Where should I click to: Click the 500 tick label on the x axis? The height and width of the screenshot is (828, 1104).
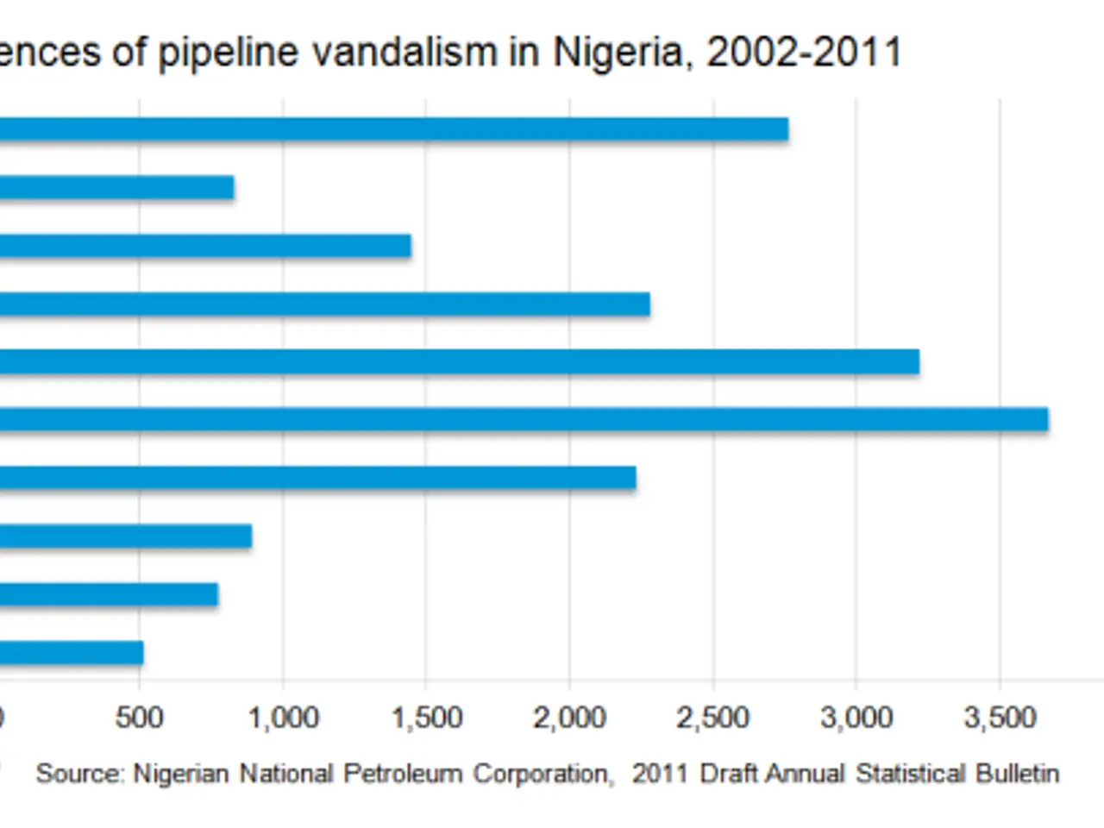click(139, 718)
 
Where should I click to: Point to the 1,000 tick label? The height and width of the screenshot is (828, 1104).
click(283, 718)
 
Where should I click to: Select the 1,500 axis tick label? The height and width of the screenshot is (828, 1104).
click(426, 718)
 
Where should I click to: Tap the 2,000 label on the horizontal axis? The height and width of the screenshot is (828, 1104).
click(569, 718)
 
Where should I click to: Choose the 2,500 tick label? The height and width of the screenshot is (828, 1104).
click(712, 718)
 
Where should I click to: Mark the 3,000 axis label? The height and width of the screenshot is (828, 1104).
click(856, 718)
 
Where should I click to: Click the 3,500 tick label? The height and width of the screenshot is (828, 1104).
click(999, 718)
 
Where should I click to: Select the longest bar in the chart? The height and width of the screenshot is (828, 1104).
click(517, 420)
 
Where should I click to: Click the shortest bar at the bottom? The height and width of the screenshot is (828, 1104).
click(69, 653)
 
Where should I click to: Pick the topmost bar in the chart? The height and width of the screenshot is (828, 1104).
click(388, 129)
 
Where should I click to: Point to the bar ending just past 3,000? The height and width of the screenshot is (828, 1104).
click(457, 362)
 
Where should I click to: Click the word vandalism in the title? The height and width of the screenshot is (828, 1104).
click(404, 52)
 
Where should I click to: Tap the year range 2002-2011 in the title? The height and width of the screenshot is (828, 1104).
click(803, 52)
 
